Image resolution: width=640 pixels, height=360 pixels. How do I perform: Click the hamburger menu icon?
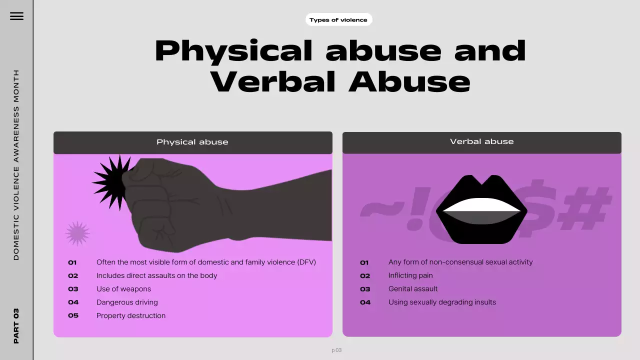[x=16, y=16]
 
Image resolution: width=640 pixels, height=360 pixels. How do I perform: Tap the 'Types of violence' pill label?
[x=338, y=20]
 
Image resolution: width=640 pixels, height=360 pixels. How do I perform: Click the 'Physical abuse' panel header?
[x=192, y=142]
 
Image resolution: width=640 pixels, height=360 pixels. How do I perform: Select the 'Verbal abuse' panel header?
[x=481, y=141]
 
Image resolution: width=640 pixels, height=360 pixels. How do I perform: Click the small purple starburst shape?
[x=77, y=233]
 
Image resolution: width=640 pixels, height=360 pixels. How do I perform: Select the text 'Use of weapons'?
[x=123, y=289]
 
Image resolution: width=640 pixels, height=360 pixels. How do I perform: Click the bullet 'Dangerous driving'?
[x=127, y=302]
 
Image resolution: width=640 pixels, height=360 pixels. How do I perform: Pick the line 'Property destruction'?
[x=131, y=316]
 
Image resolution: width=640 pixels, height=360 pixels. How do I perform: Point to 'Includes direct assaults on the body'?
[x=156, y=275]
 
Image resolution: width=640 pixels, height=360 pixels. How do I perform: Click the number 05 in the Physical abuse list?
[x=73, y=316]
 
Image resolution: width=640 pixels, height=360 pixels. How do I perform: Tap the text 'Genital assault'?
[x=413, y=289]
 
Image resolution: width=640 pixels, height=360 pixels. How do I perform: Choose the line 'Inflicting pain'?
[x=410, y=275]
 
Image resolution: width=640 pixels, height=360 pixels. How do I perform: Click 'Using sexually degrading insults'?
[x=442, y=302]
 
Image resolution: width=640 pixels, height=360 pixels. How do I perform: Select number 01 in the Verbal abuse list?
[x=364, y=262]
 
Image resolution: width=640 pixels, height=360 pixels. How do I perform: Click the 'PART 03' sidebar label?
[x=16, y=325]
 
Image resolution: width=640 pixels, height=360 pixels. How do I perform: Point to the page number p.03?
[x=336, y=350]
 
